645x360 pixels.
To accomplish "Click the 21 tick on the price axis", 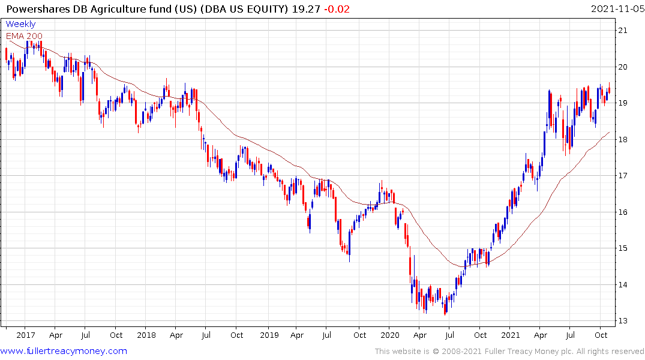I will pos(623,31).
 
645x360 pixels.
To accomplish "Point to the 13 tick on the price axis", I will pos(623,321).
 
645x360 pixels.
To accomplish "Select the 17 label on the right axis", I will pos(623,176).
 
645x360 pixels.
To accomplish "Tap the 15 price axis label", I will pos(623,248).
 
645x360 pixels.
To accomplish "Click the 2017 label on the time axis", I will pos(25,335).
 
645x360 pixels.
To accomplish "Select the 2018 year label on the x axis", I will pos(146,335).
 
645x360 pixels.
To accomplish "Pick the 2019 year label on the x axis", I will pos(268,335).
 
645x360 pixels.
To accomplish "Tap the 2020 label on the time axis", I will pos(389,335).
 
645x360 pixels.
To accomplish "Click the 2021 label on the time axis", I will pos(511,335).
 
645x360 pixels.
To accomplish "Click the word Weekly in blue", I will pos(20,25).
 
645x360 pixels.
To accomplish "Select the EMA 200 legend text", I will pos(24,36).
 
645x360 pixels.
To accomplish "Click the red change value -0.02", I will pos(337,9).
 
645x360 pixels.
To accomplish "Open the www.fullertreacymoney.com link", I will pos(64,351).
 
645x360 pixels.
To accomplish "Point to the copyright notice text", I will pos(509,352).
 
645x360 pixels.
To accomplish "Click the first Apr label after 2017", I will pos(56,335).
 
